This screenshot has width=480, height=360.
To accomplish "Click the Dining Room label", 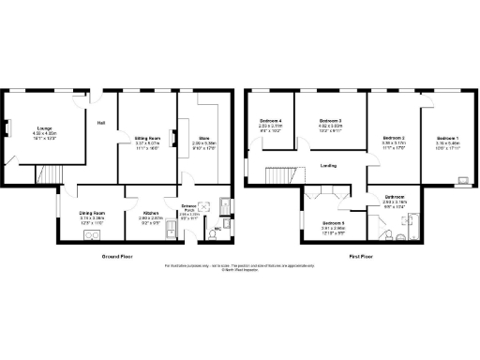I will (91, 214).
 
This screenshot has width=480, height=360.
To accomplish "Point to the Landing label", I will (328, 165).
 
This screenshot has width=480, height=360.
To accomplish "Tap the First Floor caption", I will (362, 254).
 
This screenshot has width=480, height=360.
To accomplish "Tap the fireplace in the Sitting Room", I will (172, 137).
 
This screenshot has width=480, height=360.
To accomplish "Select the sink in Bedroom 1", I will (464, 177).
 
